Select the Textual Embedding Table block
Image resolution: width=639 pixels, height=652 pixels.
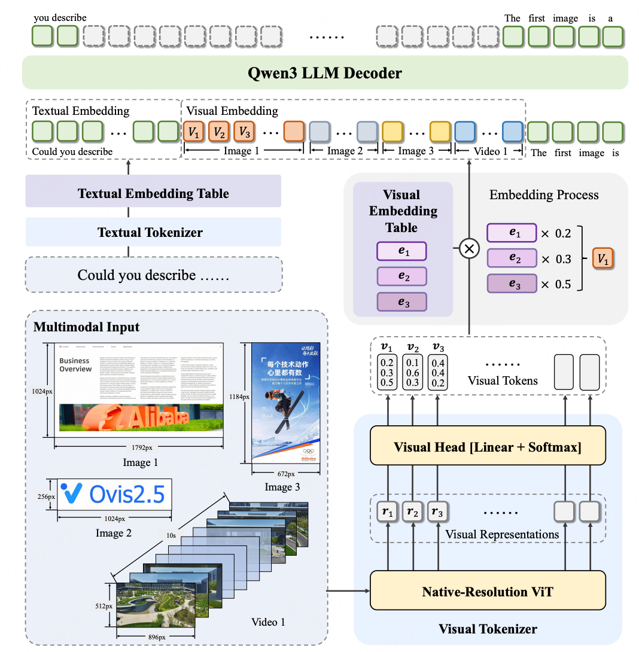point(153,193)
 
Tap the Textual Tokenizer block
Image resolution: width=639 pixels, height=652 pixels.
point(150,232)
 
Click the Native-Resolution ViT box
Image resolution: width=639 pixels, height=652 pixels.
point(488,592)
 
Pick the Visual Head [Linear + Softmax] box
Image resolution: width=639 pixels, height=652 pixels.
point(488,447)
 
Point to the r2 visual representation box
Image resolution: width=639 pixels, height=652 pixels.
point(413,512)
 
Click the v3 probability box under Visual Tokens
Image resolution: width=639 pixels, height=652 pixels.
point(438,371)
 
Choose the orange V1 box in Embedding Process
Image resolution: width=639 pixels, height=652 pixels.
point(603,260)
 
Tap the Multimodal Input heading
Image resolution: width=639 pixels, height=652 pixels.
point(86,327)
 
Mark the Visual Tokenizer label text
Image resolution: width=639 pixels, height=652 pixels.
point(488,629)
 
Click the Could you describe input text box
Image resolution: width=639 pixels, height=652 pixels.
point(153,275)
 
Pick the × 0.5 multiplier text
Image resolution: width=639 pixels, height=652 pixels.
point(556,284)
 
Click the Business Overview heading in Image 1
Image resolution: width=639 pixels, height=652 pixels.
point(75,365)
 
